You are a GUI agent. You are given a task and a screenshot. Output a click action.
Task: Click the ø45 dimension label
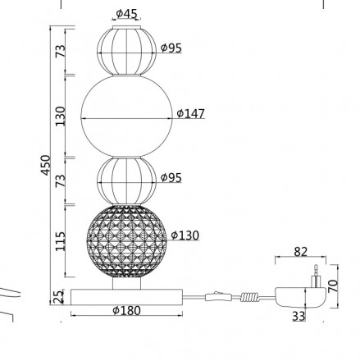[126, 14]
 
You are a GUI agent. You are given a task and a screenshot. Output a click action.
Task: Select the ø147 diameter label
[191, 113]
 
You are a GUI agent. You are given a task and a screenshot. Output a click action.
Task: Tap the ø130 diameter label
[185, 235]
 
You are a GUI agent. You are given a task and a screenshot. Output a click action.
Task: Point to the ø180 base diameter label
[127, 310]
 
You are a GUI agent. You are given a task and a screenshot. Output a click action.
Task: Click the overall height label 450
[46, 165]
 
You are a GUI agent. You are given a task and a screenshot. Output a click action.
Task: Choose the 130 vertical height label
[61, 117]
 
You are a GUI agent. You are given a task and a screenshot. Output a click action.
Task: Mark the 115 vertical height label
[61, 241]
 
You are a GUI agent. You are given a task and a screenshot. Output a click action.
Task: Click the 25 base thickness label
[58, 297]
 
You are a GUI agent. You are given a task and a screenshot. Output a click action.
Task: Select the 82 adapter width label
[301, 252]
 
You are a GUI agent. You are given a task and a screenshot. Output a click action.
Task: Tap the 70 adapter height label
[333, 286]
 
